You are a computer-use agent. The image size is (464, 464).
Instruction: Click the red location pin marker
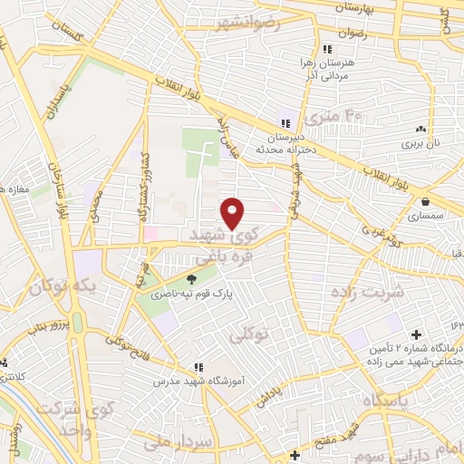pyautogui.click(x=233, y=212)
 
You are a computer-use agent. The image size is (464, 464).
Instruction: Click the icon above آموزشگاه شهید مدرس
pyautogui.click(x=197, y=367)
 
